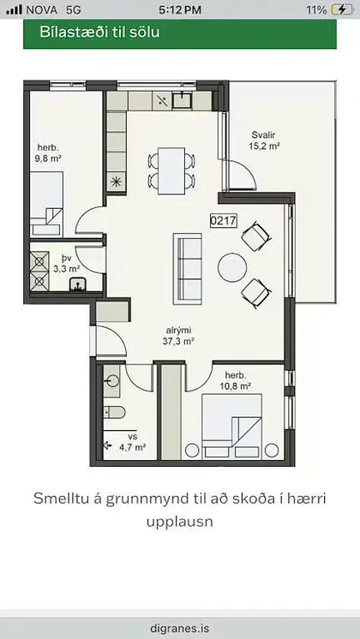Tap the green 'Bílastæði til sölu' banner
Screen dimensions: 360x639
click(180, 33)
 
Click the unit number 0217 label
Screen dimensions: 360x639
click(224, 221)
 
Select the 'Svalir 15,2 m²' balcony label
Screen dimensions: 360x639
click(264, 140)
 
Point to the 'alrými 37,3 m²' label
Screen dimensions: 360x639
click(178, 337)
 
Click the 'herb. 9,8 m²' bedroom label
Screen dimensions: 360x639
click(49, 152)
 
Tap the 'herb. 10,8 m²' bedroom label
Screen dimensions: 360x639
click(235, 380)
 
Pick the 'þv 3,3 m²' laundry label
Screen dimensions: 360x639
click(67, 264)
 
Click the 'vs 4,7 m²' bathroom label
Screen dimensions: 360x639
click(133, 442)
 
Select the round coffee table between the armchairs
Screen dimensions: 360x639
click(232, 268)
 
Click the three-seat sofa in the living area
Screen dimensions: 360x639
click(188, 269)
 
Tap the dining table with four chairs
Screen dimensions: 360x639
click(171, 170)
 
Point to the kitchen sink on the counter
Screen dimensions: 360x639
click(182, 100)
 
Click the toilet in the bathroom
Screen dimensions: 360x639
click(114, 412)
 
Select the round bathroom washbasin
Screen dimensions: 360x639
click(111, 381)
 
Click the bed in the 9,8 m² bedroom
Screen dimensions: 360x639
click(47, 204)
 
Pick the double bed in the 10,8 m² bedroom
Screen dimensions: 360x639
click(231, 427)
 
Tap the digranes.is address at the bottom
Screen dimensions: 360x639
click(180, 628)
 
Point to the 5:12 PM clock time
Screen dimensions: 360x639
click(180, 9)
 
